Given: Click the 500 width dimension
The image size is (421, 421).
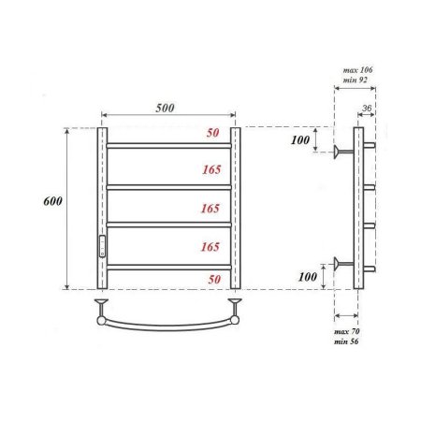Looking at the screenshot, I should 167,108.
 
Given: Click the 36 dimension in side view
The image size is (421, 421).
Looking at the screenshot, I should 367,109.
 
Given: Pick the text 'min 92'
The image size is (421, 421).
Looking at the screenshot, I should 356,82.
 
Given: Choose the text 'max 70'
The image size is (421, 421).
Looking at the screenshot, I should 347,332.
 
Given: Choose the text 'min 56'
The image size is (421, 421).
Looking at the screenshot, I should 347,342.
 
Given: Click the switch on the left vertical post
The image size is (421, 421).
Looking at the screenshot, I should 102,247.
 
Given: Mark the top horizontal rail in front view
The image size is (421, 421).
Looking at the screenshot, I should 168,146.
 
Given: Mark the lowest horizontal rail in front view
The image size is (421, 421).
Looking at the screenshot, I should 168,267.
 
